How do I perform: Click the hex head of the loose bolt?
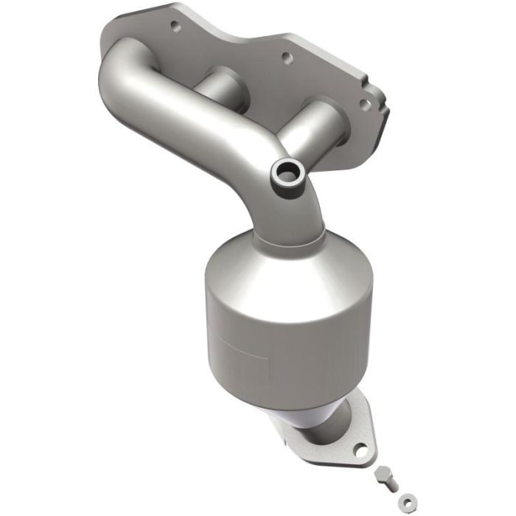pos(380,472)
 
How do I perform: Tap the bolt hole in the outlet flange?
pos(360,447)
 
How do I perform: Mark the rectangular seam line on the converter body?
pos(229,346)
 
